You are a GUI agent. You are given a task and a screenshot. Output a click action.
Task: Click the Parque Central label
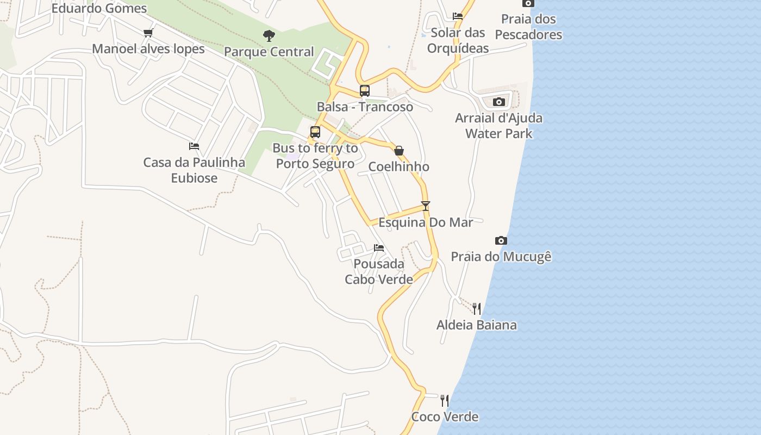[269, 52]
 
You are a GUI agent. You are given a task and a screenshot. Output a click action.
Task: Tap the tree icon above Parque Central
[269, 36]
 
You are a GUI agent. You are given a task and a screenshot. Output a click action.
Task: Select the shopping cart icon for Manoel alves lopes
[148, 33]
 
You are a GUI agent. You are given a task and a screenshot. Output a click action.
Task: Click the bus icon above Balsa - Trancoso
[365, 91]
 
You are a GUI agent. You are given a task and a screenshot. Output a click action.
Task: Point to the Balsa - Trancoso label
[365, 107]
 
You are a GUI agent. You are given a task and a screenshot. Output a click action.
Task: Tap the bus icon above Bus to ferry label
[315, 132]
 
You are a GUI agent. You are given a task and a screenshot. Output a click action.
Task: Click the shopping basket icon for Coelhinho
[399, 151]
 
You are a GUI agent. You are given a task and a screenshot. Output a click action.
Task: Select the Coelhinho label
[399, 166]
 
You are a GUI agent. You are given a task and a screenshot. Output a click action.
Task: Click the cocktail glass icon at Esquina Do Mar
[426, 206]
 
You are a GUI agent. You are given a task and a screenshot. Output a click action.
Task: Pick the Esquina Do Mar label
[426, 222]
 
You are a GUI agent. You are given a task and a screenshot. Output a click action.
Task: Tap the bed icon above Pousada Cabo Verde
[379, 248]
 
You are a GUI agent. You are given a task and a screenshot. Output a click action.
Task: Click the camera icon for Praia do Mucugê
[501, 240]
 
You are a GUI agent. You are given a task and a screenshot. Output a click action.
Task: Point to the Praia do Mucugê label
[501, 257]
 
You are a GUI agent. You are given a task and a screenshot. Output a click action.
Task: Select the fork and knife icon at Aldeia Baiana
[477, 309]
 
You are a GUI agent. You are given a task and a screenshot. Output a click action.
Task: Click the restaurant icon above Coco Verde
[445, 401]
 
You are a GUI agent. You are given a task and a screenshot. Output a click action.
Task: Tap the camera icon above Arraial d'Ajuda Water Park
[499, 102]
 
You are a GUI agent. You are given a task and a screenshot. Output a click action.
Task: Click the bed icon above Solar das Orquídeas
[458, 16]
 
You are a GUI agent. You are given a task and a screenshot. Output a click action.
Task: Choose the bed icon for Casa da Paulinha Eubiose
[194, 146]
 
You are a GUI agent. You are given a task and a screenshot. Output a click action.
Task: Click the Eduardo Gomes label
[99, 8]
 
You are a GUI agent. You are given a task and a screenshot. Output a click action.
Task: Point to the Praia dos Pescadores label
[528, 27]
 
